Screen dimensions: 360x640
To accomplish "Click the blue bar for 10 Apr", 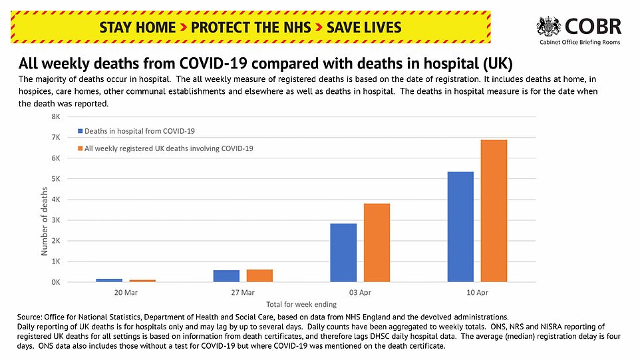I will (460, 226).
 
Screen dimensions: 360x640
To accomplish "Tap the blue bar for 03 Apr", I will (344, 252).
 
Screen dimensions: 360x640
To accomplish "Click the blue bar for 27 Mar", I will (226, 275).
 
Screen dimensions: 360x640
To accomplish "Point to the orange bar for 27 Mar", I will (259, 275).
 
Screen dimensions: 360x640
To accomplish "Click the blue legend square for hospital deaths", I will (80, 131).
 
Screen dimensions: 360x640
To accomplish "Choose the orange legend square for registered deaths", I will (80, 148).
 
